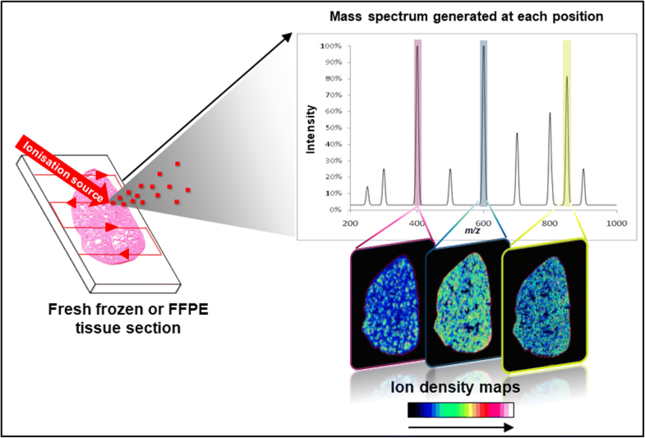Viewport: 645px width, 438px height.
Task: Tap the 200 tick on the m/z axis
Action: pyautogui.click(x=350, y=223)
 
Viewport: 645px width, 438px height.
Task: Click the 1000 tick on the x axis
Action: pyautogui.click(x=615, y=223)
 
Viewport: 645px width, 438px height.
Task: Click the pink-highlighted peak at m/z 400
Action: pyautogui.click(x=417, y=123)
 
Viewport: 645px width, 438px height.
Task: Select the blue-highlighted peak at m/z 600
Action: pyautogui.click(x=484, y=123)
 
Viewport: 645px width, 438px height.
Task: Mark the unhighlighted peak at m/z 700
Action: pyautogui.click(x=517, y=168)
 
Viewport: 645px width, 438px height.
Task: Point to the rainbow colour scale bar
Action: pyautogui.click(x=460, y=409)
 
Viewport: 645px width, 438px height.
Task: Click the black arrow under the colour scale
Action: pyautogui.click(x=460, y=427)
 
